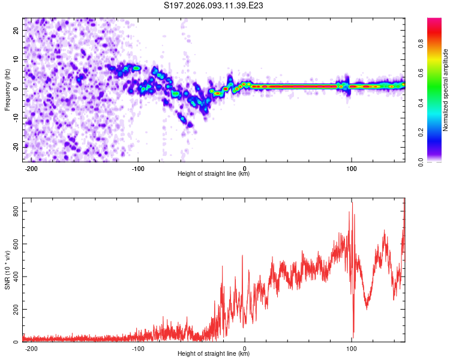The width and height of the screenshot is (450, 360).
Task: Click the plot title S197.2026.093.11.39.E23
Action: [214, 5]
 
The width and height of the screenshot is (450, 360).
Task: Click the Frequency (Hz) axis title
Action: [7, 90]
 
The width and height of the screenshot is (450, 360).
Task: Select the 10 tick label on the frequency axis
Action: [17, 59]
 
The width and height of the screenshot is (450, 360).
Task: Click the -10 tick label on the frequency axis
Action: [16, 118]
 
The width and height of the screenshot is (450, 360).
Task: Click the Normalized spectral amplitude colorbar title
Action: [446, 90]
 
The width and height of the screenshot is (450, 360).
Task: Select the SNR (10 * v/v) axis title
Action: [7, 270]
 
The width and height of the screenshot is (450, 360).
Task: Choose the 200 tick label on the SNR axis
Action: [14, 310]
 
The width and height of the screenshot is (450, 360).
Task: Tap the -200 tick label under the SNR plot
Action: [31, 348]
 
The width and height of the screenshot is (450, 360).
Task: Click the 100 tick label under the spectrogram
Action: [350, 168]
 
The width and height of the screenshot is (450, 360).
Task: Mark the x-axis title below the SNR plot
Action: [214, 354]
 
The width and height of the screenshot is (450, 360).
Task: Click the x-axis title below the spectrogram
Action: [214, 174]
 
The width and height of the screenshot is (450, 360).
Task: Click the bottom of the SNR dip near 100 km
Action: [353, 338]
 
